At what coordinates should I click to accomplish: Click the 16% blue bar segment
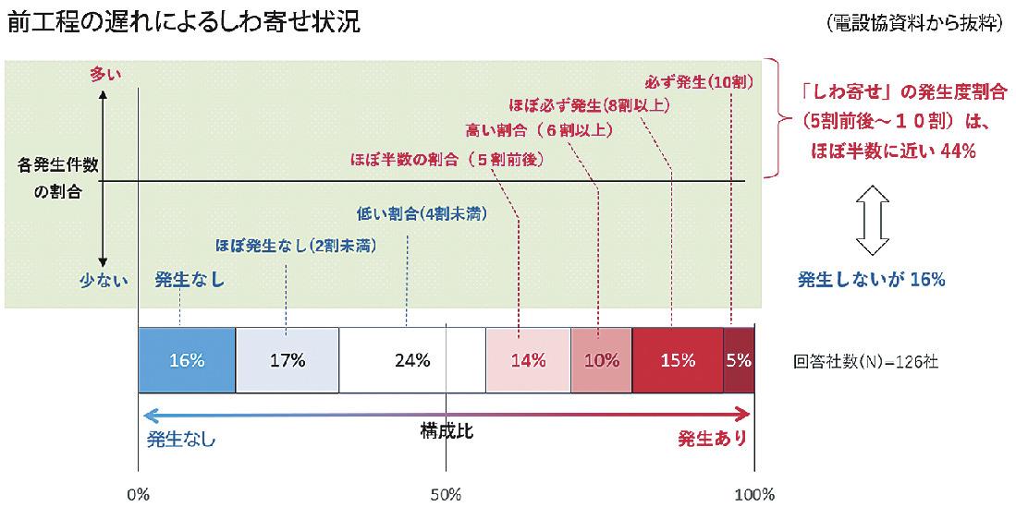click(186, 360)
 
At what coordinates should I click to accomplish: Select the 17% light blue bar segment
click(288, 360)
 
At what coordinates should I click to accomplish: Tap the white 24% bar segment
click(411, 360)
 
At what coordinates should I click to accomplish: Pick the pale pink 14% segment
click(528, 360)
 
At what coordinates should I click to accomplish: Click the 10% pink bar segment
click(601, 360)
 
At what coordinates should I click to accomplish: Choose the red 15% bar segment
click(678, 360)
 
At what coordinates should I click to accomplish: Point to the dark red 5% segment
click(739, 360)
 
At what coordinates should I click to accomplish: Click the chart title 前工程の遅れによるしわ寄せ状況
click(183, 22)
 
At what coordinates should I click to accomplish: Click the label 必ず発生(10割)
click(699, 82)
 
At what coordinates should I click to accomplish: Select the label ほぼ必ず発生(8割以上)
click(589, 105)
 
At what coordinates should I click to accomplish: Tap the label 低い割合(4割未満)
click(422, 213)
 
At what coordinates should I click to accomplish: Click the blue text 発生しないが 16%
click(871, 279)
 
